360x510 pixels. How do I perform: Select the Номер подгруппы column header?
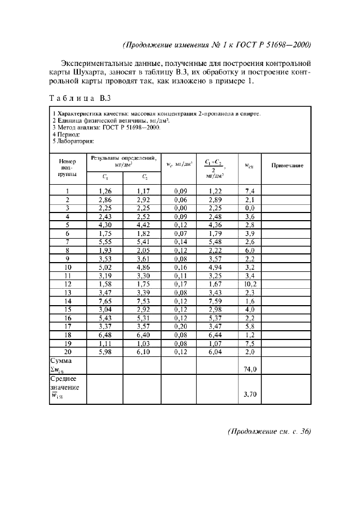click(68, 168)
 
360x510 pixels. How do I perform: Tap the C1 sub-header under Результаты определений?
click(105, 177)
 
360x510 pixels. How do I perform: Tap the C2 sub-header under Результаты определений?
click(144, 177)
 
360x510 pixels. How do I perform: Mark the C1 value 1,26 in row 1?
click(105, 191)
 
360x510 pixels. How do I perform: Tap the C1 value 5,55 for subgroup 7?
click(105, 241)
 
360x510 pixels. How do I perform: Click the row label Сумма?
click(61, 361)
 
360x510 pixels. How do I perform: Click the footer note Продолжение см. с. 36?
click(269, 431)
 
